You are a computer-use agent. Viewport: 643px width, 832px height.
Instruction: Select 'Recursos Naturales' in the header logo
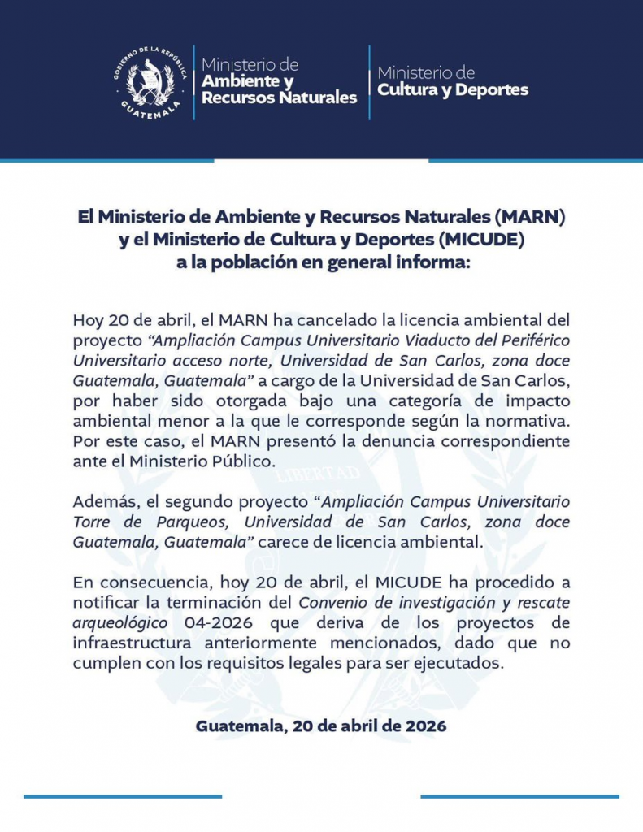279,98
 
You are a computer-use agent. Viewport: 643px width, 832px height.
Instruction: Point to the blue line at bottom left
122,797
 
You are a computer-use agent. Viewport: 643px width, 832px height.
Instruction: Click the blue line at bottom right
520,797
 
